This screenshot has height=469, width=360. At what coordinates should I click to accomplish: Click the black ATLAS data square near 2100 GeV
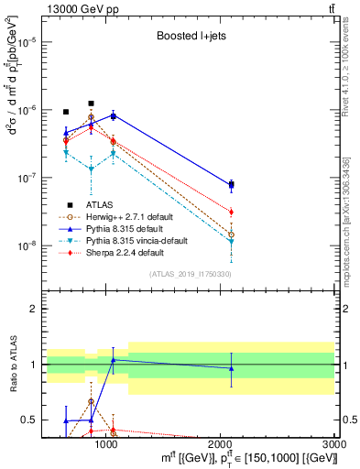[231, 185]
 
